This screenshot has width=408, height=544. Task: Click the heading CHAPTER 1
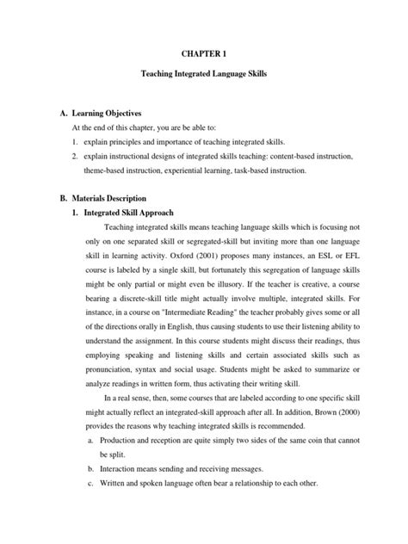204,53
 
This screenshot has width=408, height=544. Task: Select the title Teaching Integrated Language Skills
204,77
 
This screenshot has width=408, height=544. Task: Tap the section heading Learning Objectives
103,114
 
